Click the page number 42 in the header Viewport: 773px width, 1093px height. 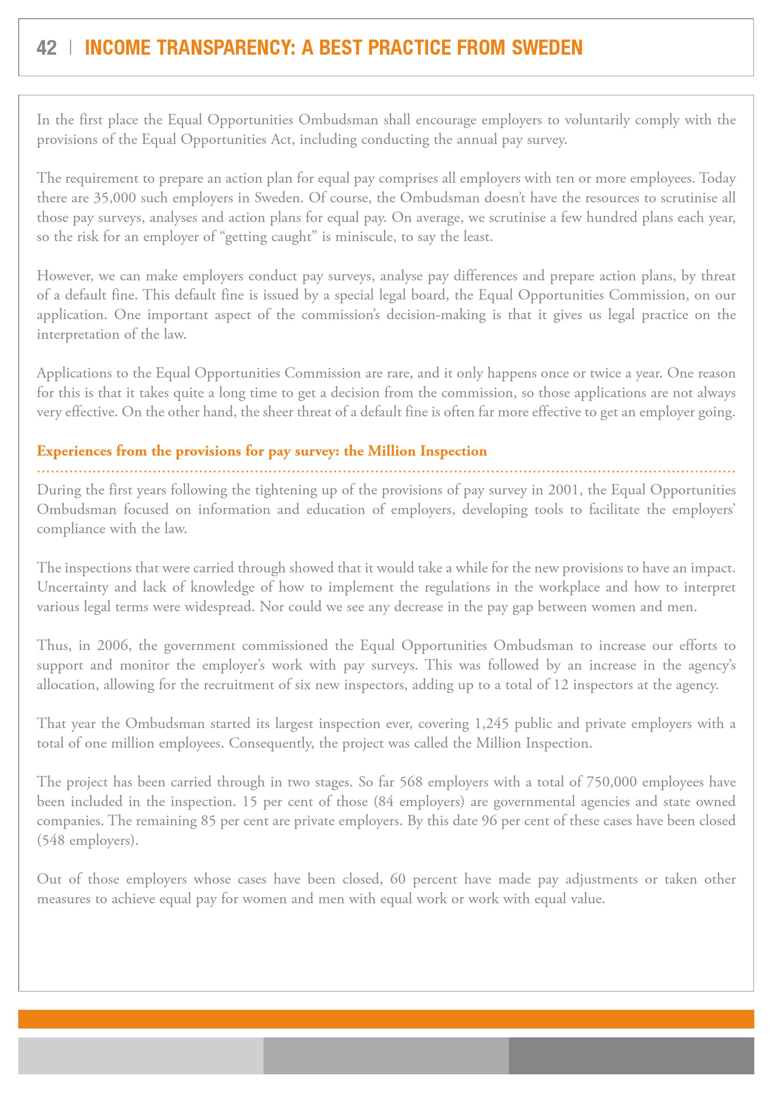(x=46, y=48)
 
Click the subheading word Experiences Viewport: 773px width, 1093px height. (x=74, y=451)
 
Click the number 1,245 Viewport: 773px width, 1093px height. (x=491, y=724)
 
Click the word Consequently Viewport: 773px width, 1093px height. (x=271, y=743)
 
